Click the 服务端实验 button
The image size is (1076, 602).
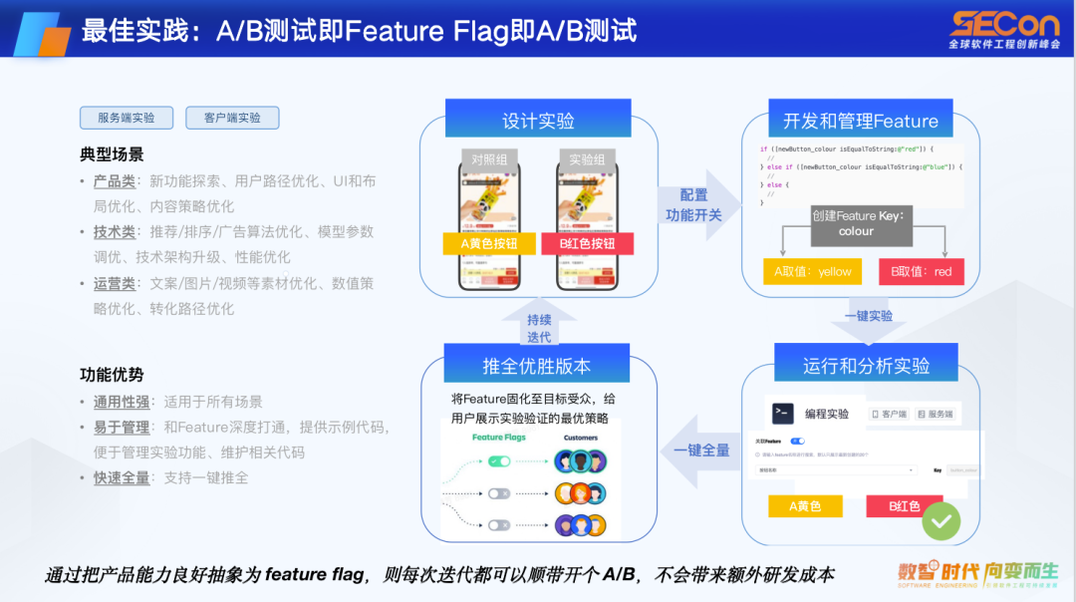point(127,118)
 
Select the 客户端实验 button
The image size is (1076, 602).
point(232,118)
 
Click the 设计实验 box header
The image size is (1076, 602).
point(538,121)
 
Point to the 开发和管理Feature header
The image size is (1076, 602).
point(860,121)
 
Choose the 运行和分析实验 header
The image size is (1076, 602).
point(865,366)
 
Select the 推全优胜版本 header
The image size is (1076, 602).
point(537,366)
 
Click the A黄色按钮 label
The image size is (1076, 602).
point(482,244)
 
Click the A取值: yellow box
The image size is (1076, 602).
point(813,271)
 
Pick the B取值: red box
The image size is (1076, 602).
point(922,271)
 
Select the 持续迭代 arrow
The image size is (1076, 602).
point(539,327)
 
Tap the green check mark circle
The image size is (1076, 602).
point(941,519)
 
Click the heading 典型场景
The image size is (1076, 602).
point(112,154)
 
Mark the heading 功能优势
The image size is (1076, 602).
point(112,375)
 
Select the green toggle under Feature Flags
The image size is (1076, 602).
point(499,461)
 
